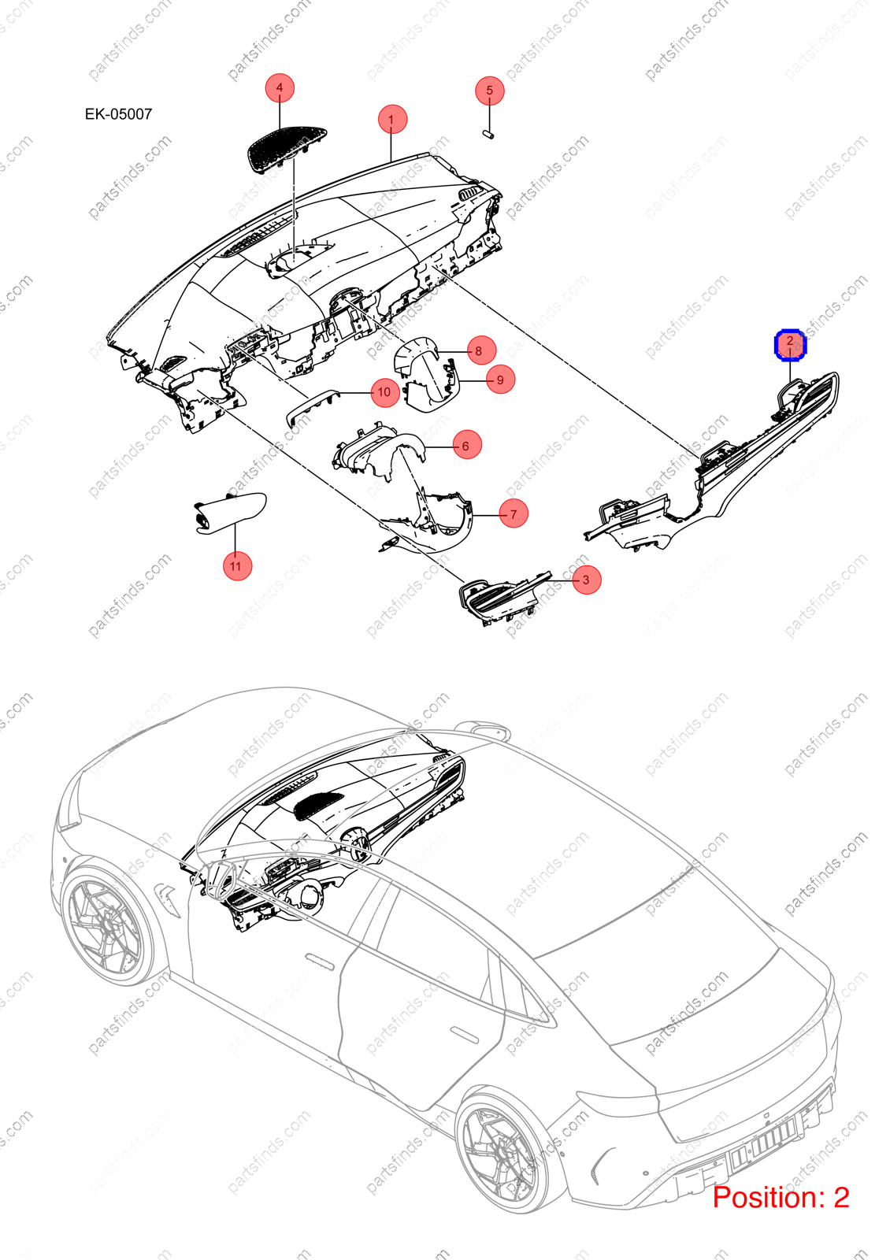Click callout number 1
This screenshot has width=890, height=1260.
point(392,119)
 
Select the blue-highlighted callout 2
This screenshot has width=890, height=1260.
point(790,344)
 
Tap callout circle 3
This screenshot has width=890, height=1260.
point(587,580)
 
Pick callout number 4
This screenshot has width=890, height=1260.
point(280,87)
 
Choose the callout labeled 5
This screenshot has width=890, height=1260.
point(489,91)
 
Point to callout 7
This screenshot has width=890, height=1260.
point(514,513)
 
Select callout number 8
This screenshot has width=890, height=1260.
point(481,350)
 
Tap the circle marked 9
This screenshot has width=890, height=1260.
point(500,379)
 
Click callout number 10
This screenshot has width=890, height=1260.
point(385,392)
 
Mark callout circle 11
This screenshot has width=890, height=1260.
point(237,566)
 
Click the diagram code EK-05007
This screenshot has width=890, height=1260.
point(118,114)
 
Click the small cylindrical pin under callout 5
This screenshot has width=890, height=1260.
point(488,135)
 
